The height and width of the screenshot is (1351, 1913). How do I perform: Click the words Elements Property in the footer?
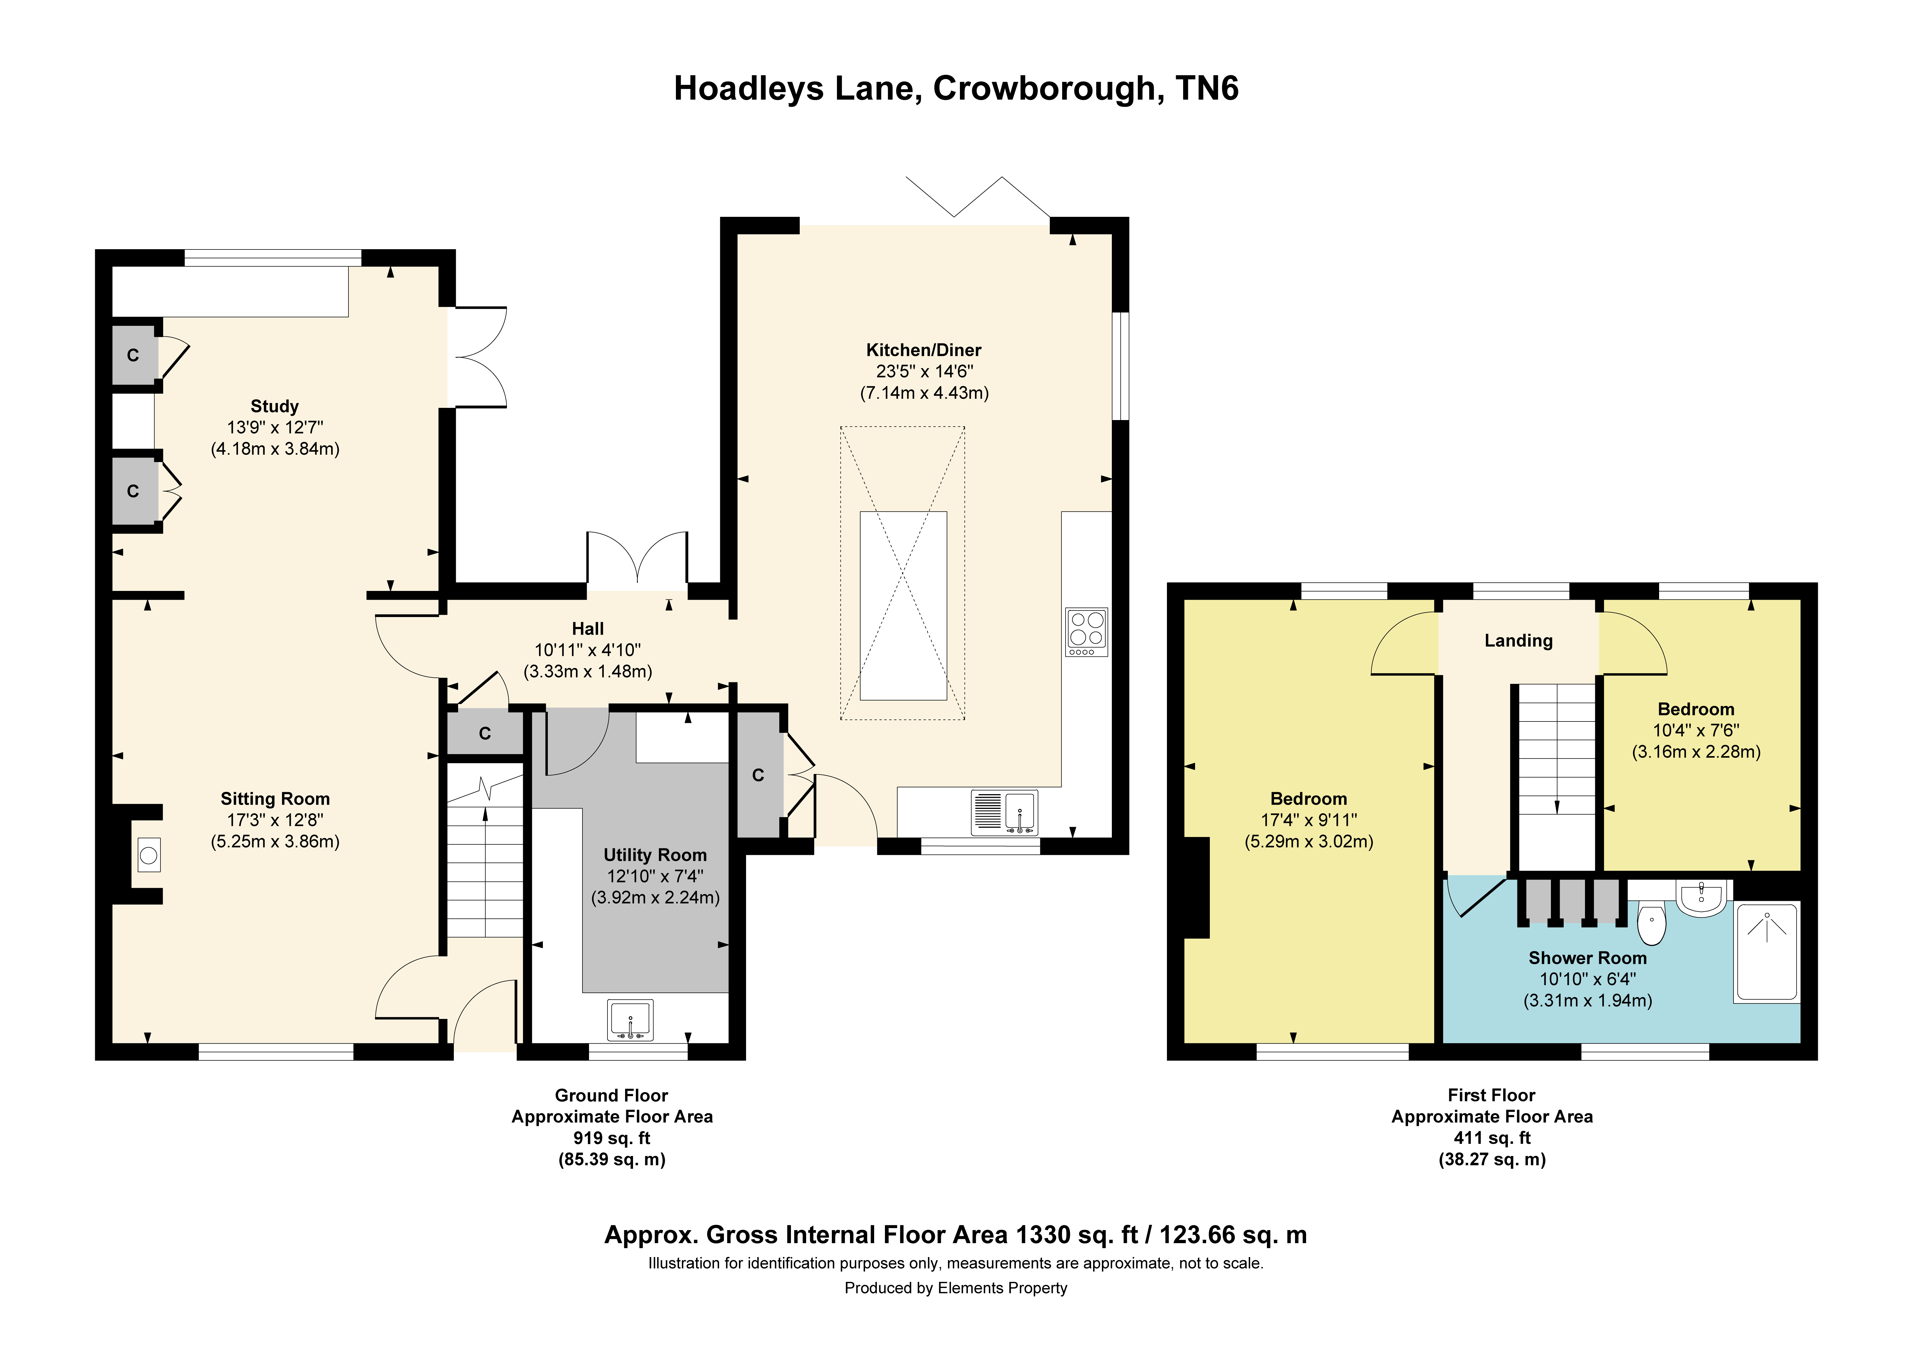click(x=1002, y=1288)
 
